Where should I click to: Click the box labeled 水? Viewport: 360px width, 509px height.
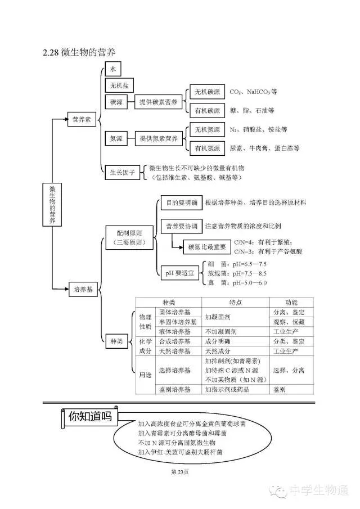(x=112, y=69)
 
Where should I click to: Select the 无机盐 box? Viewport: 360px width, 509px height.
(x=119, y=85)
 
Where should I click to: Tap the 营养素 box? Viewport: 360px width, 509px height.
(x=82, y=119)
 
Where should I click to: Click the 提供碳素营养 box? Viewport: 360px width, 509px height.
(x=159, y=102)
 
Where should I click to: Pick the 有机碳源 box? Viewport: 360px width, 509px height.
(x=207, y=110)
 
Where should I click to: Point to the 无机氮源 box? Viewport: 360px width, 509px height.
(x=207, y=129)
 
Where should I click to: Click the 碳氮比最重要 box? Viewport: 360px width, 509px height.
(x=206, y=246)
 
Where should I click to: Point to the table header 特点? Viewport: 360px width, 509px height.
(x=236, y=302)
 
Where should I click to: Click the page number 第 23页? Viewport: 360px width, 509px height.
(x=179, y=471)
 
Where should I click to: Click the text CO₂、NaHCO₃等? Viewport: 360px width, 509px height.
(x=253, y=91)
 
